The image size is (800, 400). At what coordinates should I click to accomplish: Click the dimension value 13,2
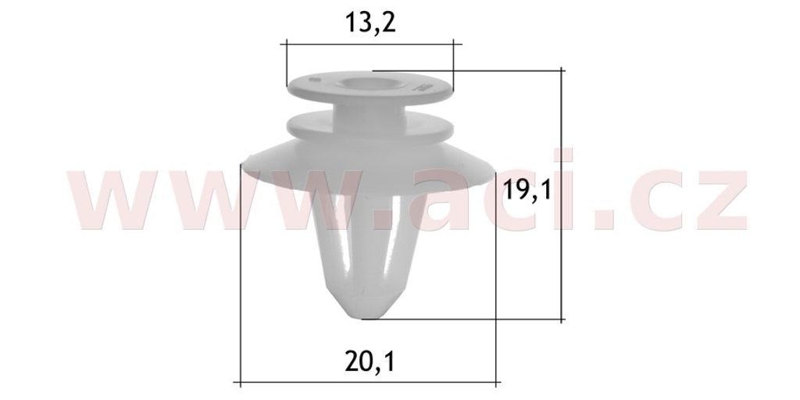pos(370,23)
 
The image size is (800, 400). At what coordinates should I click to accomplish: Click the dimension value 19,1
pos(527,191)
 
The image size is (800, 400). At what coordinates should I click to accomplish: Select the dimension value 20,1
pos(370,362)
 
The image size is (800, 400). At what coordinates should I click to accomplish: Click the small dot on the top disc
pos(315,80)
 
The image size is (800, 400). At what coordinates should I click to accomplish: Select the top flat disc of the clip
pos(370,87)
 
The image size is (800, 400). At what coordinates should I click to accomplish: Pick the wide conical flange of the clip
pos(369,166)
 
